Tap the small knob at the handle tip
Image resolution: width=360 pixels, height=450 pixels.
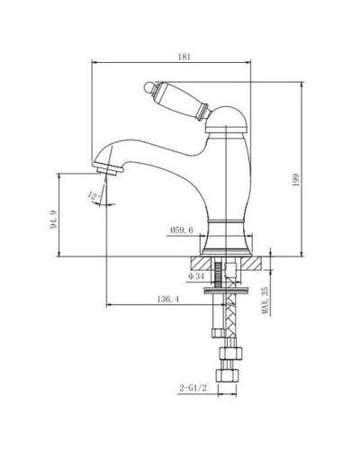point(150,86)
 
